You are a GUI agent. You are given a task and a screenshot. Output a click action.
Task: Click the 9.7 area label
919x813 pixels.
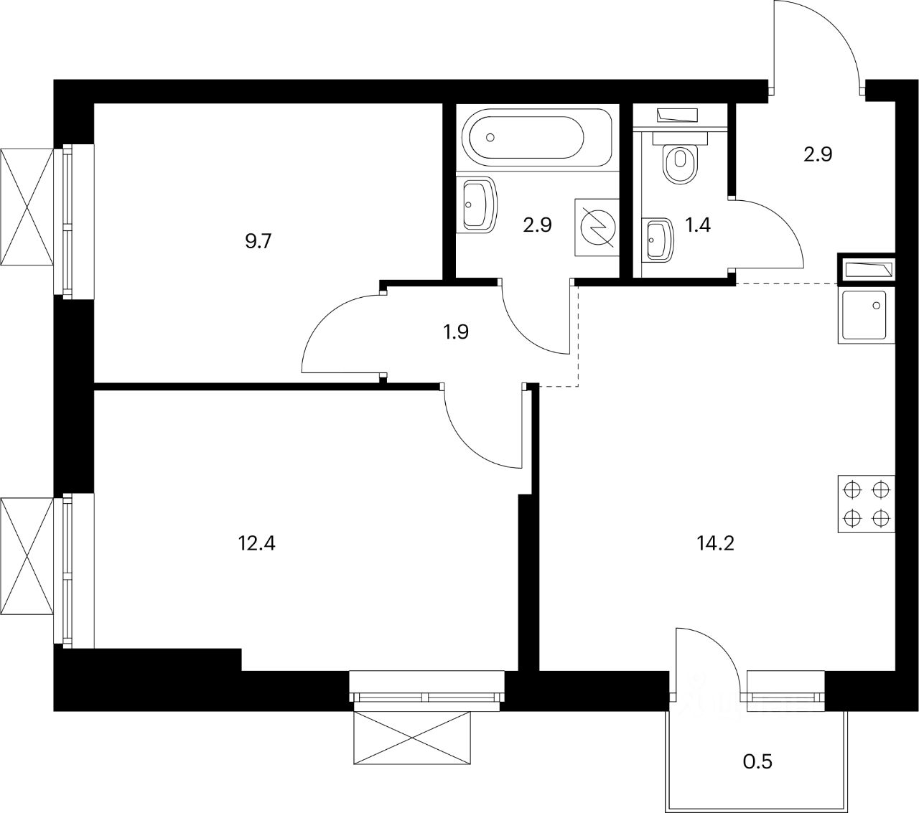[258, 241]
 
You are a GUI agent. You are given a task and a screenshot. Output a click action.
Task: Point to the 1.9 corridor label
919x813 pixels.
[456, 332]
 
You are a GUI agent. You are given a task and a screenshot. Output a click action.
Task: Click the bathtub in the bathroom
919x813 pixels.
[536, 137]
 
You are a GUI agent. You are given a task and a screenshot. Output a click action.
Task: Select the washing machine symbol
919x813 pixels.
[597, 226]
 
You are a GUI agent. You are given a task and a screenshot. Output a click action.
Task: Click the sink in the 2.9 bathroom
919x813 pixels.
[478, 204]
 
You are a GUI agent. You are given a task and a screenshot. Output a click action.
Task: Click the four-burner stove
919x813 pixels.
[865, 504]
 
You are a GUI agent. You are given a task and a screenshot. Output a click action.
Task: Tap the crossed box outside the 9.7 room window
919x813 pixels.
[27, 207]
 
